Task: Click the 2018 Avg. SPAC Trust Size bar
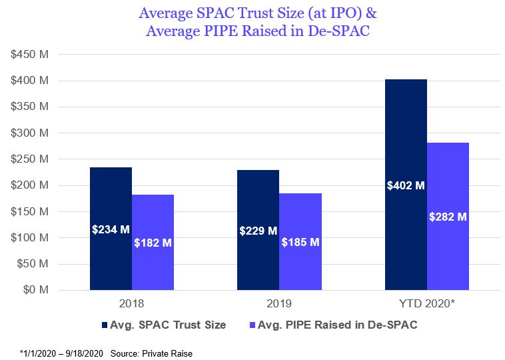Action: point(111,200)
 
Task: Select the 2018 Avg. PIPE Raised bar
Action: point(153,213)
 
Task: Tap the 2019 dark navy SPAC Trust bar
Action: point(258,200)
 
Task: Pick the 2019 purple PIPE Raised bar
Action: point(300,213)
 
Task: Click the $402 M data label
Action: point(406,185)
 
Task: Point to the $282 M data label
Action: point(448,217)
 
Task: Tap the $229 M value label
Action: point(258,231)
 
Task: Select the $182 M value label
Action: point(153,243)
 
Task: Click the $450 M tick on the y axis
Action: point(29,55)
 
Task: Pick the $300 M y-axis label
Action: point(29,133)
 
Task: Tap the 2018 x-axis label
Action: point(131,305)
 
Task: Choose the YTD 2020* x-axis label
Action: point(426,305)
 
